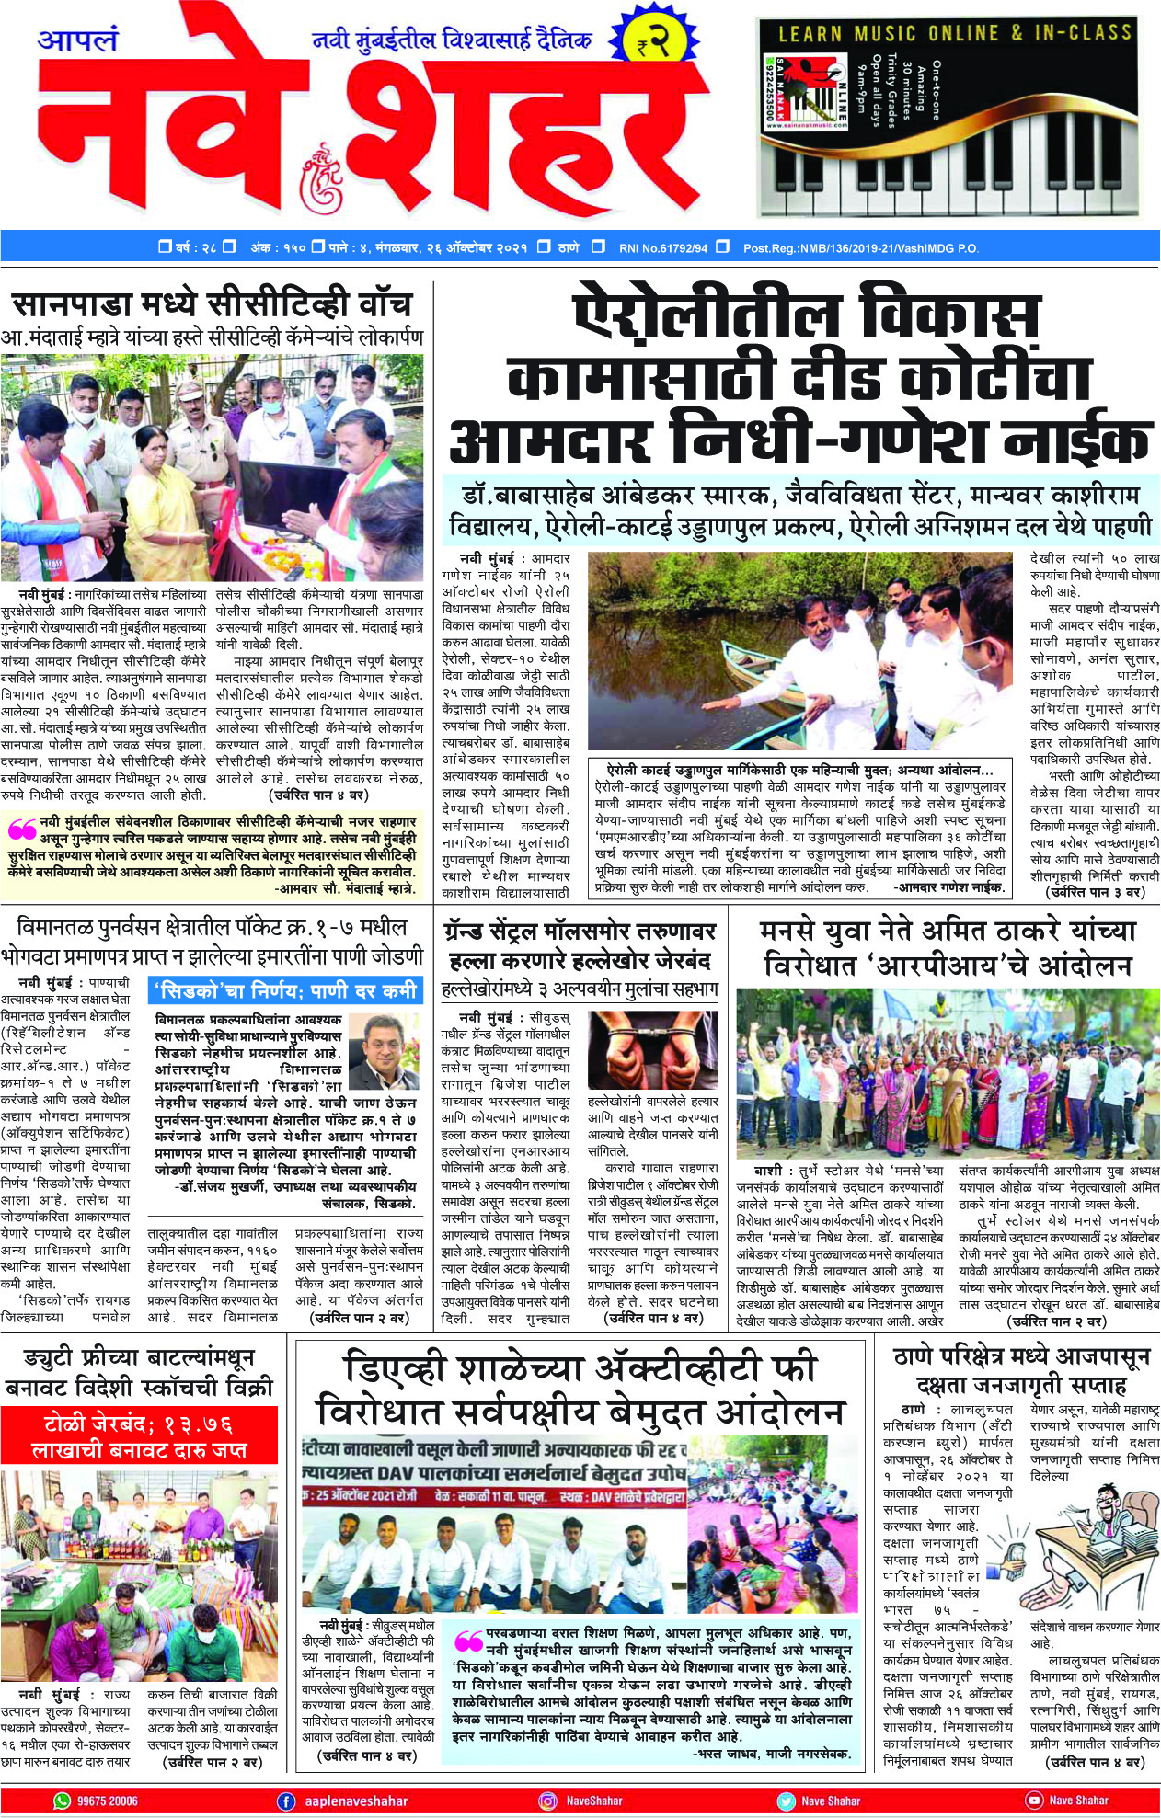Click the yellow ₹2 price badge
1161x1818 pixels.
point(655,41)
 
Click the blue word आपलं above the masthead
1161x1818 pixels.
point(78,40)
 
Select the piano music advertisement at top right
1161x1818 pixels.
point(958,116)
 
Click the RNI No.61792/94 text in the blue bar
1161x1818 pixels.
point(662,247)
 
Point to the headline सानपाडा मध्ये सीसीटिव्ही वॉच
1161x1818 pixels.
point(212,303)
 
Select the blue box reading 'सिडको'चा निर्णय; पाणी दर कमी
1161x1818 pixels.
point(285,990)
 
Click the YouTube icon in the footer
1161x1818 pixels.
point(1034,1801)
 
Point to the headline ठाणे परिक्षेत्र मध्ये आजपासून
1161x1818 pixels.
point(1022,1357)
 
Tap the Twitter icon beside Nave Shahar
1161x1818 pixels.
point(786,1801)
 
